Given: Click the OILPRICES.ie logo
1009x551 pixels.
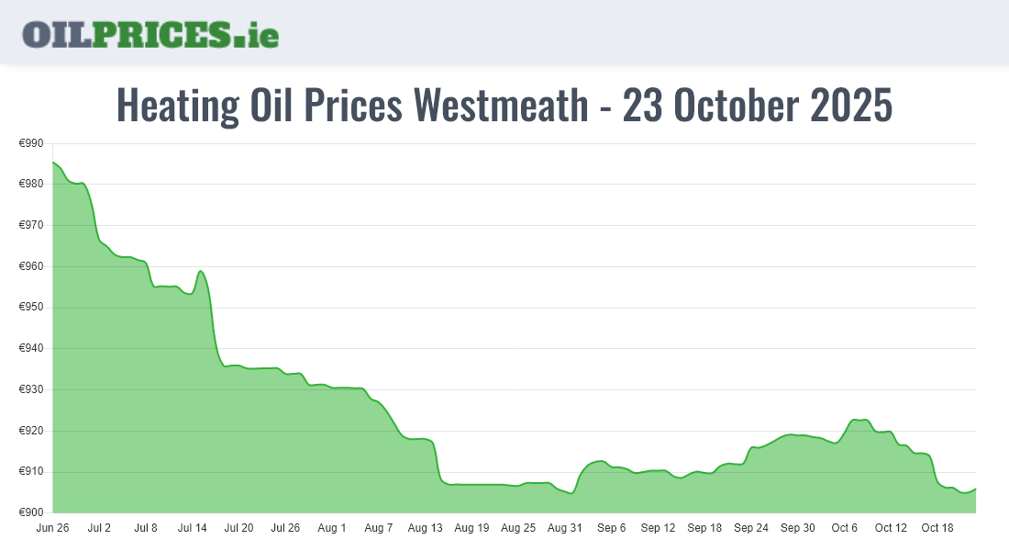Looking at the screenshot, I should pyautogui.click(x=150, y=34).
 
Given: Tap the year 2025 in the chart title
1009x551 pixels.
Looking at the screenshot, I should pyautogui.click(x=851, y=106).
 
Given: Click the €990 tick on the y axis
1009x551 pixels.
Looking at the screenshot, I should pyautogui.click(x=31, y=143).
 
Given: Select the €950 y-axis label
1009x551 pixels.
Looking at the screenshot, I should pyautogui.click(x=31, y=308).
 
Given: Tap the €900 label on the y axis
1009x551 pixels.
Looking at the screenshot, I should pyautogui.click(x=31, y=512).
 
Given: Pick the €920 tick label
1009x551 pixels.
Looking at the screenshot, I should pyautogui.click(x=31, y=431).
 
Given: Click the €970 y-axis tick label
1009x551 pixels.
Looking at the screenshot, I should pyautogui.click(x=31, y=225).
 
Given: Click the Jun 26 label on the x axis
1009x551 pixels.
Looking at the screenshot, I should pyautogui.click(x=52, y=528).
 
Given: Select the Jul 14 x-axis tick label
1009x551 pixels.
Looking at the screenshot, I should pyautogui.click(x=193, y=528).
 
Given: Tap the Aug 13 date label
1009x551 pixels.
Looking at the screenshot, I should pyautogui.click(x=425, y=528).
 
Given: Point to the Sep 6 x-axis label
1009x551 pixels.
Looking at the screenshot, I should pyautogui.click(x=611, y=528).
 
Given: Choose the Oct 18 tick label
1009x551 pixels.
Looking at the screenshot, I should pyautogui.click(x=937, y=528).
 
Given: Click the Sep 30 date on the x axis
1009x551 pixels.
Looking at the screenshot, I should pyautogui.click(x=797, y=528).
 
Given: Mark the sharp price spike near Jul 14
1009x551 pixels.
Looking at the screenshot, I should pyautogui.click(x=200, y=271).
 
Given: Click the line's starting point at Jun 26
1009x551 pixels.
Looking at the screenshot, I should pyautogui.click(x=53, y=163).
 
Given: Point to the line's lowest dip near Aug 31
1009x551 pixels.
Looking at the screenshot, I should pyautogui.click(x=571, y=493).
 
